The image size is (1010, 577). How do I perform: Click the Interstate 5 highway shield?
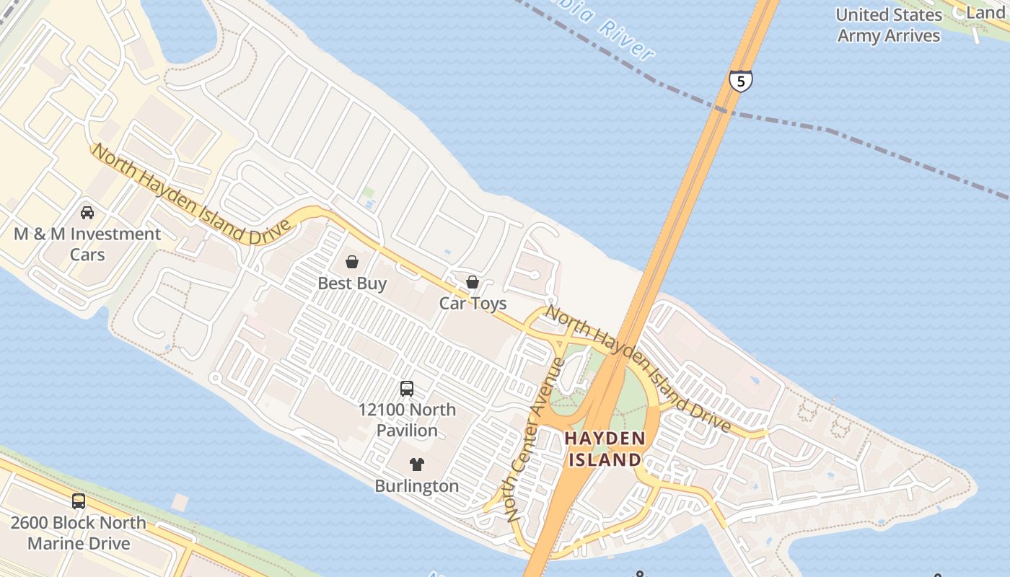coord(740,80)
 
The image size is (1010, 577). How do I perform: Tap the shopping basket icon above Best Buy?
coord(352,262)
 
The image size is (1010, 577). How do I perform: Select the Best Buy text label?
coord(352,283)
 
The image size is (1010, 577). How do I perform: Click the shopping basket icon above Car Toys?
coord(473,281)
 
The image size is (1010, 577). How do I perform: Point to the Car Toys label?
coord(473,303)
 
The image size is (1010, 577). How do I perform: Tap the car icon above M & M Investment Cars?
coord(87,213)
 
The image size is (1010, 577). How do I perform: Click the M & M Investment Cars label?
coord(87,245)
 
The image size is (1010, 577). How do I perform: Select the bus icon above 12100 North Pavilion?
coord(407,389)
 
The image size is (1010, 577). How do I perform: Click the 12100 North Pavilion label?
coord(407,420)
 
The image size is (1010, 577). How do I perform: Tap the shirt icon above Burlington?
coord(417,464)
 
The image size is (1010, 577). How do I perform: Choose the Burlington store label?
coord(417,486)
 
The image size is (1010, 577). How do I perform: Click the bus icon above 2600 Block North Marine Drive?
coord(78,501)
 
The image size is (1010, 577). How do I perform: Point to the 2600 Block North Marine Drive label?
coord(78,533)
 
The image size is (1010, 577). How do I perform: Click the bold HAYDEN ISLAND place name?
coord(605,449)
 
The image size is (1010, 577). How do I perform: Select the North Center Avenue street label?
coord(535,440)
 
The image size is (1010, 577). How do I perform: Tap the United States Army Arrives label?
coord(889,25)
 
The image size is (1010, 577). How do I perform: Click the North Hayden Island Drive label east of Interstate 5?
coord(638,368)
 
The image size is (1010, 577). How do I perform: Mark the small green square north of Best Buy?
coord(369,193)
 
